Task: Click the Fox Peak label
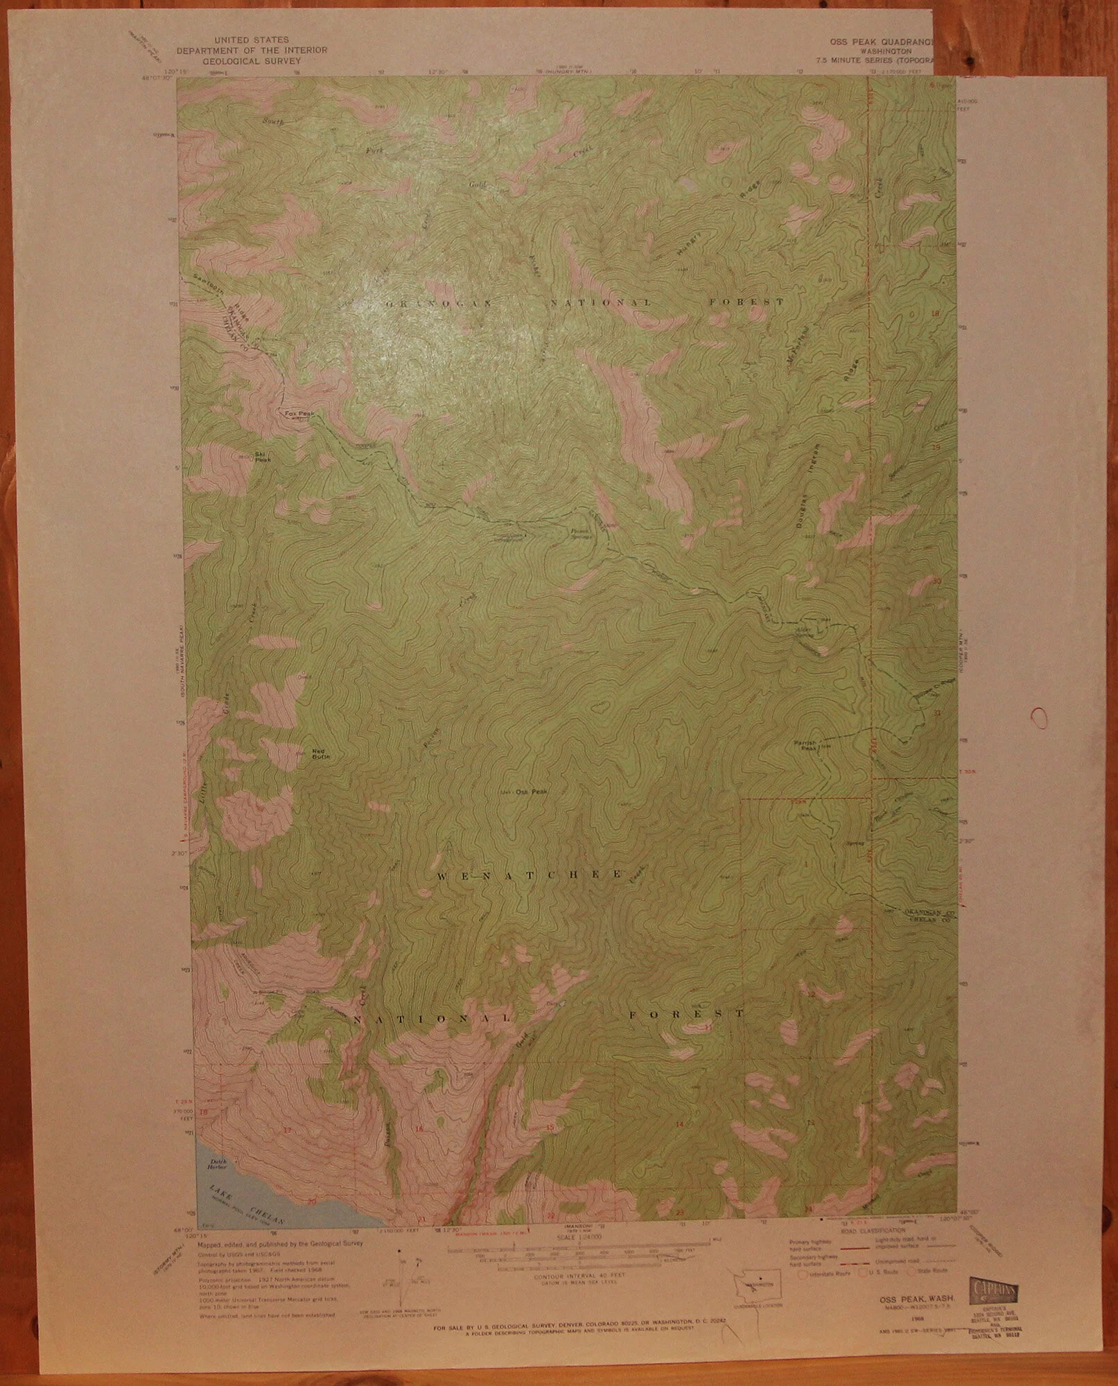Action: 299,414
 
